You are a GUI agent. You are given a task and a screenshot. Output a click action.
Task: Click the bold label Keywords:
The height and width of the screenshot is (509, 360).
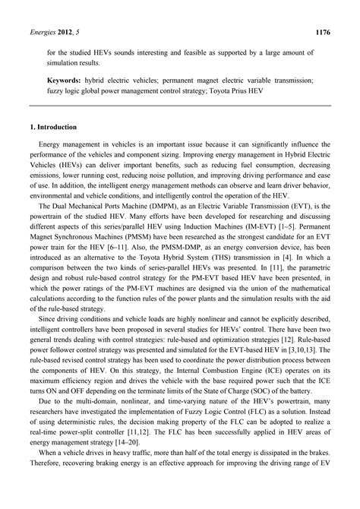[x=68, y=79]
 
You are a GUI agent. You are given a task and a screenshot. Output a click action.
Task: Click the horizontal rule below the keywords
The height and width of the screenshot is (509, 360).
[x=180, y=106]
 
